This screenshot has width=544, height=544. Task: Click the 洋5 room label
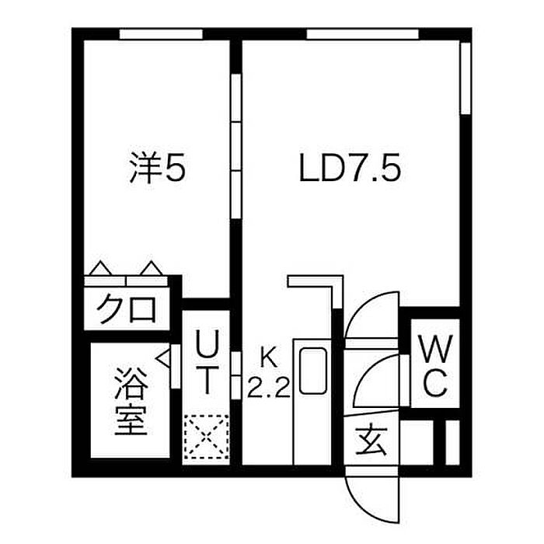157,168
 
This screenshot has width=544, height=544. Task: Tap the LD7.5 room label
350,168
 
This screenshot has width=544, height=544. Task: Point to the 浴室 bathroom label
131,403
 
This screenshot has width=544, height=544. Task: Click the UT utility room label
206,362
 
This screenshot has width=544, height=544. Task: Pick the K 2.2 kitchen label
268,372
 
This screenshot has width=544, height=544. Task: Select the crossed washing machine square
206,439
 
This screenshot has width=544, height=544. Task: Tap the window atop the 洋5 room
162,33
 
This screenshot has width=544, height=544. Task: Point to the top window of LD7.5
362,33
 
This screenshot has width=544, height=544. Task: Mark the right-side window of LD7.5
466,78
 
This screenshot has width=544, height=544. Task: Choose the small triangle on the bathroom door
165,359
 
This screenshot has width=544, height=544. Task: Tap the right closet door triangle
152,269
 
